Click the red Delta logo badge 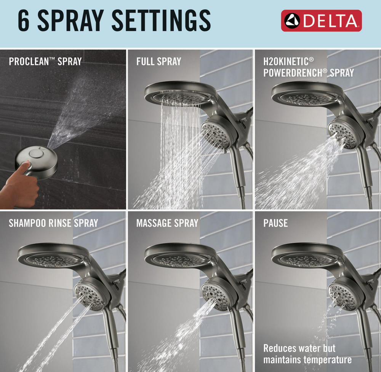(x=321, y=21)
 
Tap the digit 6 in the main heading (x=24, y=21)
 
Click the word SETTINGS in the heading (x=161, y=21)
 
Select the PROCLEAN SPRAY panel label (x=45, y=61)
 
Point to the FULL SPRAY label (x=158, y=61)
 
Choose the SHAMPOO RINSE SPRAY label (x=53, y=223)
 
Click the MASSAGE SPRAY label (x=167, y=223)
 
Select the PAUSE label (x=275, y=223)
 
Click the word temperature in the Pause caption (x=325, y=359)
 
